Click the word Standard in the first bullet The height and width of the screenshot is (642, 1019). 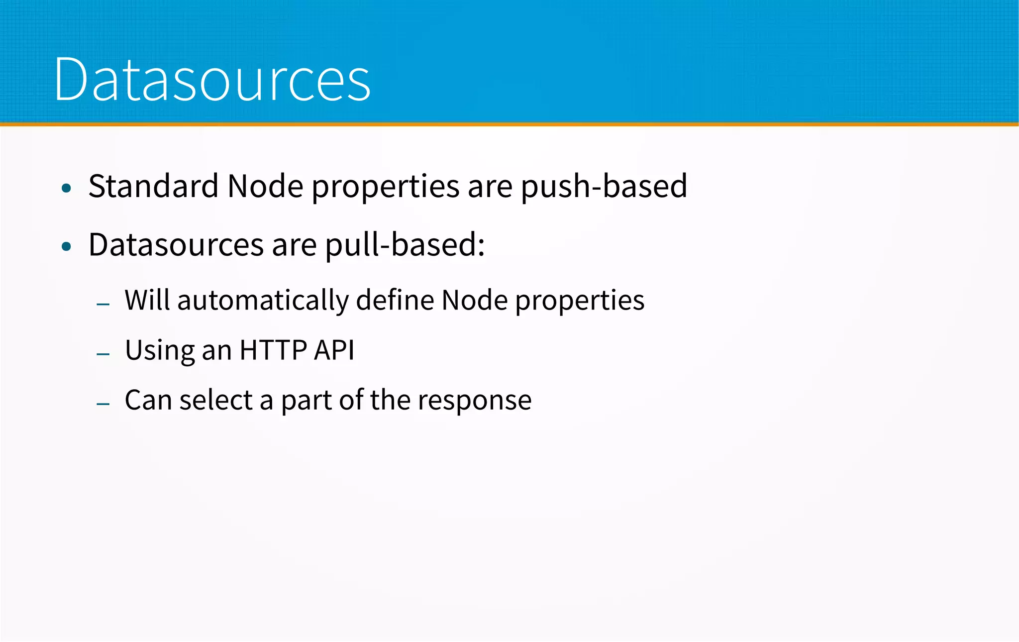pyautogui.click(x=153, y=186)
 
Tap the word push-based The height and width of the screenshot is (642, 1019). pyautogui.click(x=604, y=186)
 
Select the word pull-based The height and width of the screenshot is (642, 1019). pyautogui.click(x=405, y=245)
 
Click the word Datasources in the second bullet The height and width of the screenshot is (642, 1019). pyautogui.click(x=176, y=245)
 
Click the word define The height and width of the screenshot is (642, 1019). pyautogui.click(x=395, y=301)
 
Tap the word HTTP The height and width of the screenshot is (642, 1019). pyautogui.click(x=273, y=350)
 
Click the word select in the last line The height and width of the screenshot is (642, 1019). pyautogui.click(x=216, y=400)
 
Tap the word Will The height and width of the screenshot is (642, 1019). pyautogui.click(x=147, y=301)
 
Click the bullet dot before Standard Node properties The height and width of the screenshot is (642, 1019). pyautogui.click(x=67, y=188)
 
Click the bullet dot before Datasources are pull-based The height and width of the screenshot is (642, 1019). pyautogui.click(x=67, y=246)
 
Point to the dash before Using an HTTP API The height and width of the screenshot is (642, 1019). pyautogui.click(x=103, y=354)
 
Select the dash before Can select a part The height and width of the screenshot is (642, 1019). pyautogui.click(x=103, y=404)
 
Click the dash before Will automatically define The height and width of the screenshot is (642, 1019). pyautogui.click(x=103, y=304)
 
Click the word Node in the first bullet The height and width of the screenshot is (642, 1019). pyautogui.click(x=265, y=186)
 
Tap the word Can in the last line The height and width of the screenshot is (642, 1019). pyautogui.click(x=148, y=400)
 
